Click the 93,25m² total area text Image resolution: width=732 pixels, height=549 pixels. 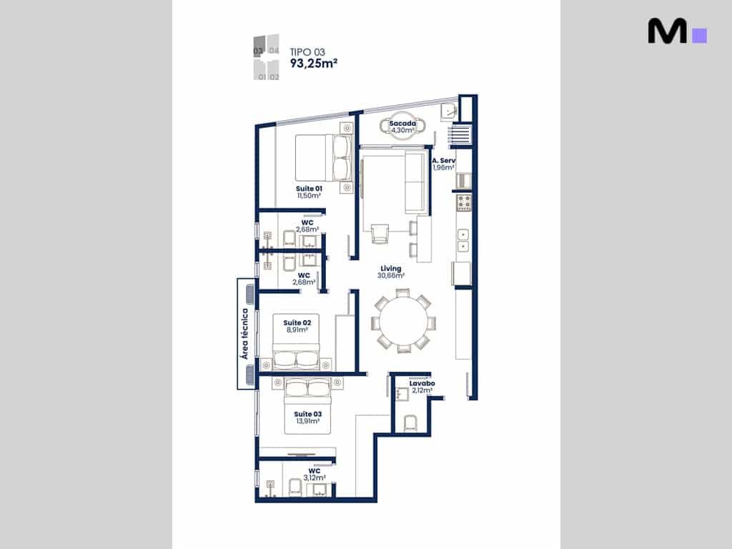pyautogui.click(x=314, y=63)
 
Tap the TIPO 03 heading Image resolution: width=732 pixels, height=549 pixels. pyautogui.click(x=307, y=51)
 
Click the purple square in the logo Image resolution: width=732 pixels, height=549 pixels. pyautogui.click(x=699, y=36)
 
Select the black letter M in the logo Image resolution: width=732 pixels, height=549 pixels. pyautogui.click(x=667, y=31)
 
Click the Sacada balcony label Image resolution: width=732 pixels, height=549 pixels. pyautogui.click(x=402, y=123)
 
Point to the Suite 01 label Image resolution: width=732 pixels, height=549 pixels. pyautogui.click(x=309, y=189)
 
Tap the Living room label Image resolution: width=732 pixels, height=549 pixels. pyautogui.click(x=391, y=269)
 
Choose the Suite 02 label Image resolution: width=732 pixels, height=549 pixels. pyautogui.click(x=297, y=322)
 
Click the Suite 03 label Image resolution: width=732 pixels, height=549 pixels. pyautogui.click(x=307, y=414)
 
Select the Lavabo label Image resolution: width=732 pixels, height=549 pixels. pyautogui.click(x=422, y=383)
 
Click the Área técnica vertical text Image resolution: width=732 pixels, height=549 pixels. pyautogui.click(x=244, y=334)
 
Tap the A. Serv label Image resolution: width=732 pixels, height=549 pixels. pyautogui.click(x=443, y=161)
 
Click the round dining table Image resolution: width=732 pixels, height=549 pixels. pyautogui.click(x=403, y=321)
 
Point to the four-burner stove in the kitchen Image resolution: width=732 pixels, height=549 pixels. pyautogui.click(x=464, y=203)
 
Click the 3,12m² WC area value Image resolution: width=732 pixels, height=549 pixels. pyautogui.click(x=315, y=478)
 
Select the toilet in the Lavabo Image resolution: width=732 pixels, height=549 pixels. pyautogui.click(x=410, y=423)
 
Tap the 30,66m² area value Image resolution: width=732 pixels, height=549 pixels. pyautogui.click(x=391, y=275)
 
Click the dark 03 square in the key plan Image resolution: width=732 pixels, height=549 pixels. pyautogui.click(x=259, y=46)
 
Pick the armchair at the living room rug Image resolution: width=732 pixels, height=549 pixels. pyautogui.click(x=380, y=234)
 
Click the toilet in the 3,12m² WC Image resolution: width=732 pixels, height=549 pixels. pyautogui.click(x=295, y=488)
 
